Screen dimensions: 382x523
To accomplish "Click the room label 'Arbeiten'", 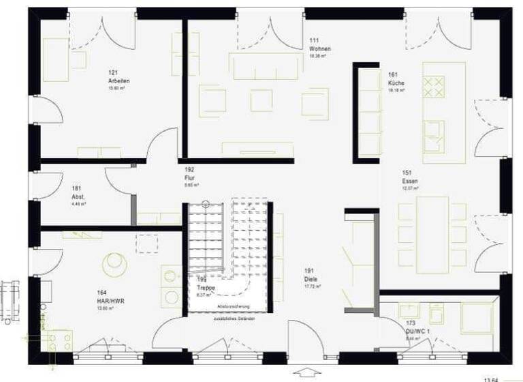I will pos(118,81).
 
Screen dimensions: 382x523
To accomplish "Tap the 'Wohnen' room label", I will pos(319,50).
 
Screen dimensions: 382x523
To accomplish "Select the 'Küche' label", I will pos(396,83).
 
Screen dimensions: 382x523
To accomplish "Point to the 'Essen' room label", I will pos(410,181).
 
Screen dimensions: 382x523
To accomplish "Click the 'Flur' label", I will pos(190,178).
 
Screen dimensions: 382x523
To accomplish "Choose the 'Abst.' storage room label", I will pos(78,196).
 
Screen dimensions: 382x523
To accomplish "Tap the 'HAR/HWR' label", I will pos(110,301).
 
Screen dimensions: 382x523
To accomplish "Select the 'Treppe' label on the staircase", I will pos(206,289).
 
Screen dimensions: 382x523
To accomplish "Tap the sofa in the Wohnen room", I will pos(266,66).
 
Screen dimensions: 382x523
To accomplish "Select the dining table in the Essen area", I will pos(432,231).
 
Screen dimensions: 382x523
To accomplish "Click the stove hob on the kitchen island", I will pos(434,87).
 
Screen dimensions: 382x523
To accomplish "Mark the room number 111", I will pos(314,42).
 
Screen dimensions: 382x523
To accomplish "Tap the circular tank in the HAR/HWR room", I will pos(114,263).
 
